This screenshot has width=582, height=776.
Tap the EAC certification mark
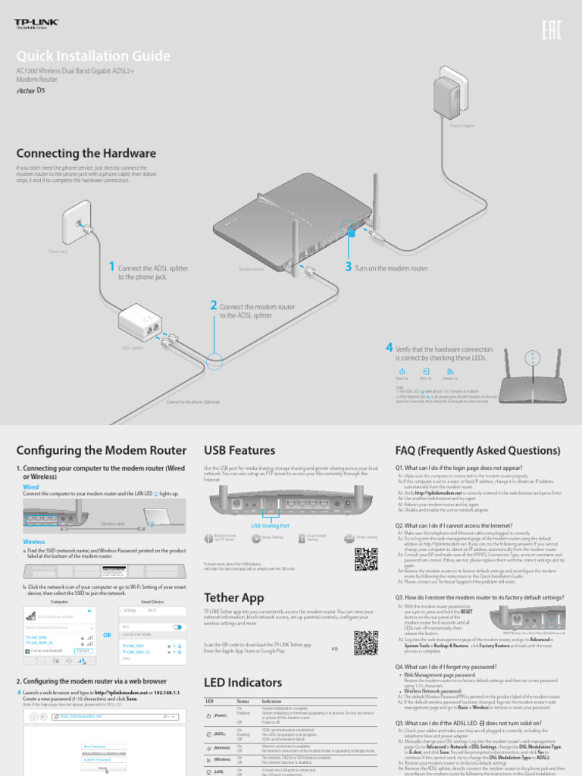coord(552,30)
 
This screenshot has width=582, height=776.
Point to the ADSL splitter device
coord(152,326)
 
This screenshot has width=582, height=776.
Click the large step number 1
coord(111,267)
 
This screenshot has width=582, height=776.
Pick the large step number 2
coord(214,305)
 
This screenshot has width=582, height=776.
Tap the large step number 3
coord(348,267)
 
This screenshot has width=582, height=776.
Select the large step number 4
coord(389,348)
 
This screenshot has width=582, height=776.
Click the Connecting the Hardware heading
coord(86,152)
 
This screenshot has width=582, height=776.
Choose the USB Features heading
coord(239,449)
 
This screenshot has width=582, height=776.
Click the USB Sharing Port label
coord(270,525)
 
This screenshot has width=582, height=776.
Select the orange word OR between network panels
coord(108,634)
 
